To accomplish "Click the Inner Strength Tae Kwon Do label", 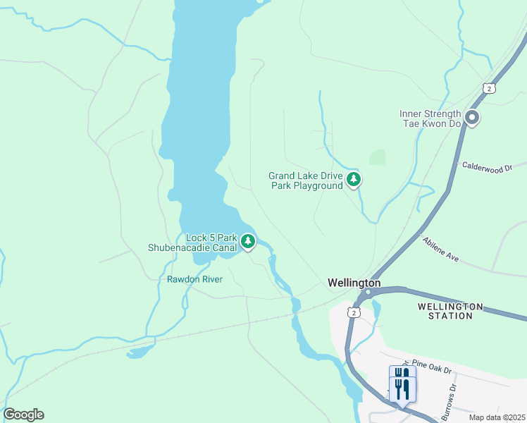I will [x=430, y=118].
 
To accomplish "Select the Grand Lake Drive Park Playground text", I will [x=305, y=180].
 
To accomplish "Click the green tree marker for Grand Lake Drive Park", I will [x=354, y=180].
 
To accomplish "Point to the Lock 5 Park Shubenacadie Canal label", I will [x=192, y=243].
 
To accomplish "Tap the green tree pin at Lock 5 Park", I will [x=247, y=241].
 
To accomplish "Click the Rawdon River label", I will [x=194, y=279].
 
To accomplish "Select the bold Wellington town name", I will [x=354, y=283].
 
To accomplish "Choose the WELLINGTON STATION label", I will [x=450, y=311].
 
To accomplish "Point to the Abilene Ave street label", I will [x=441, y=249].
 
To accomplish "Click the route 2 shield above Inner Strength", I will [x=489, y=87].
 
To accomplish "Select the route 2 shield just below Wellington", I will [x=354, y=311].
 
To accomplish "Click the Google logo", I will [x=23, y=415].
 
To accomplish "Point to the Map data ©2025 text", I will [x=496, y=417].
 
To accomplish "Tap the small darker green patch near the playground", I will [x=378, y=157].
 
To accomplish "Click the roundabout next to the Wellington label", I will [x=368, y=291].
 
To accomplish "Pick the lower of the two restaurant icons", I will [x=402, y=389].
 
